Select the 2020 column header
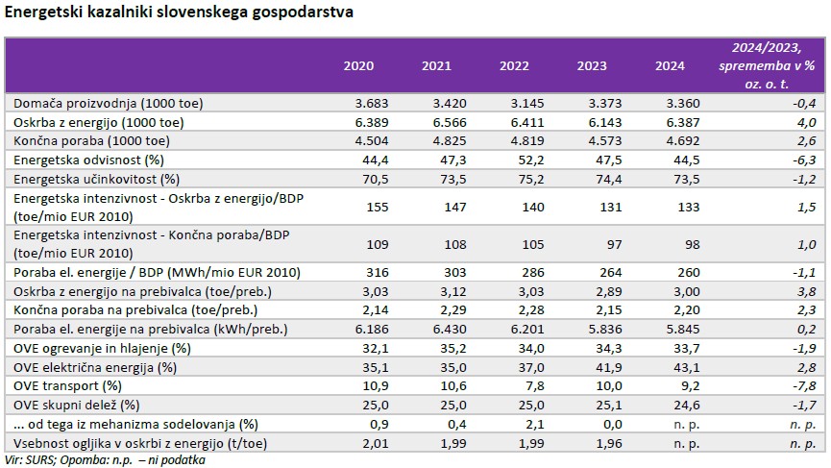pos(358,65)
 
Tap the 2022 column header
pos(514,65)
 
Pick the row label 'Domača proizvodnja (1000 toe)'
pos(108,103)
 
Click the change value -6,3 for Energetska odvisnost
pos(804,160)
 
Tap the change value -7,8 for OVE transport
pos(804,384)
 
